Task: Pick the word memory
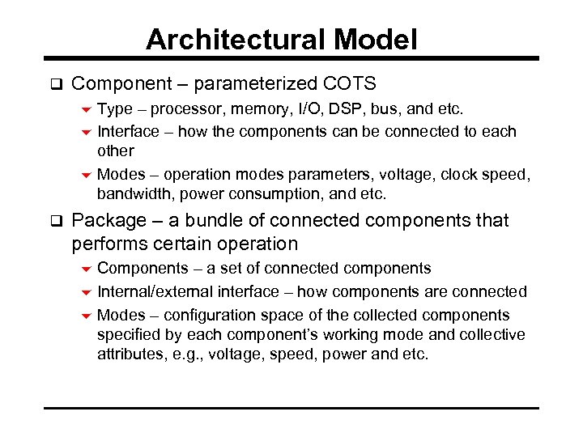[x=245, y=108]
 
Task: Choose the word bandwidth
[x=135, y=194]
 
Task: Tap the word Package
[x=109, y=221]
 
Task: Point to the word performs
[x=109, y=244]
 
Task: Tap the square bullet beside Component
[x=56, y=83]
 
